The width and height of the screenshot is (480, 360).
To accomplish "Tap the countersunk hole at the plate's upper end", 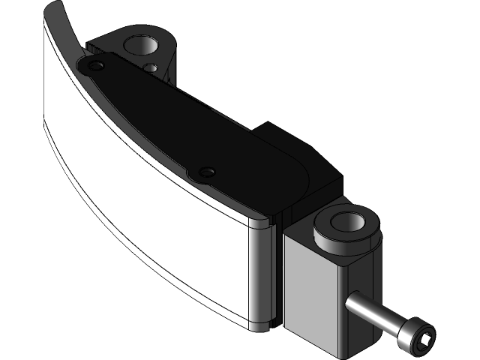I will [95, 67].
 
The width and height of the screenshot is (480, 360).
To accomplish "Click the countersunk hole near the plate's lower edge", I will [205, 173].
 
